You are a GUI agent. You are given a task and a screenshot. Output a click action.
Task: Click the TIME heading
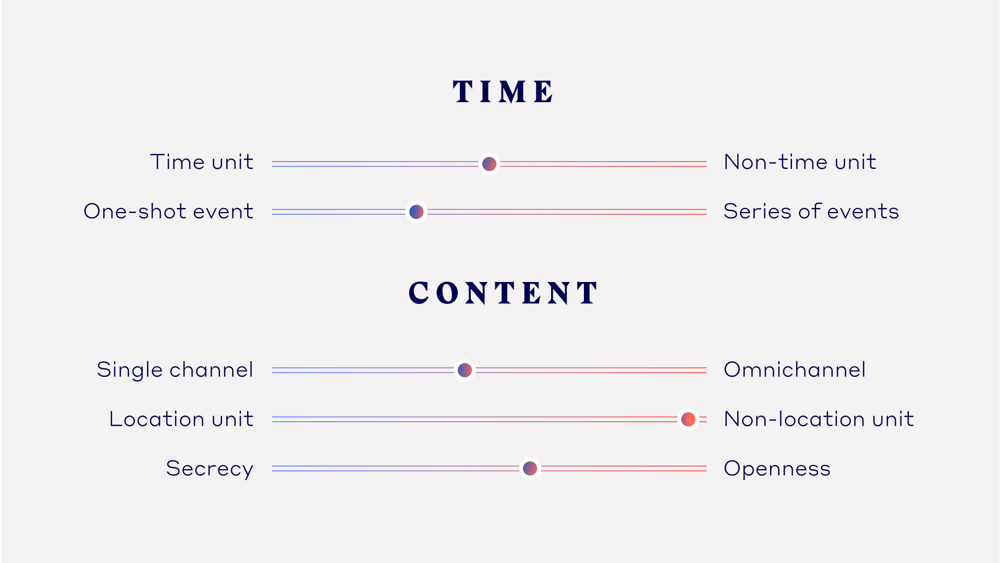[x=503, y=92]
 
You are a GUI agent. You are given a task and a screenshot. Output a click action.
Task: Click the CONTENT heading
[x=503, y=292]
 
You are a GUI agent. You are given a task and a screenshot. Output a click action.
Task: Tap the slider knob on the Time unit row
[x=489, y=164]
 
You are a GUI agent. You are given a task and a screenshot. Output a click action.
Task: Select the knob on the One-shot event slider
[x=417, y=212]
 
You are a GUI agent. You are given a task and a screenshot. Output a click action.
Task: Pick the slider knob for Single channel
[x=465, y=370]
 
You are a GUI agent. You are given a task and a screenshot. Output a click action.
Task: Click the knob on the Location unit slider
[x=688, y=419]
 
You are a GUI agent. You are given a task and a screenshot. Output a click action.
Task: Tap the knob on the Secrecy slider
[x=530, y=468]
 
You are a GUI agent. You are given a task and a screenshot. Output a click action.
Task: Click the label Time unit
[x=202, y=162]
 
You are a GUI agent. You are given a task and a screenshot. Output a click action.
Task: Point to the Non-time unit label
[x=800, y=162]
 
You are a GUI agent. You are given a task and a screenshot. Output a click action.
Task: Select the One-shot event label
[x=168, y=211]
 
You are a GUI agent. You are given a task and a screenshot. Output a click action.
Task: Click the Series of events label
[x=811, y=211]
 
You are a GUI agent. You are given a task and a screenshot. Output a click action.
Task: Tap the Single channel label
[x=175, y=370]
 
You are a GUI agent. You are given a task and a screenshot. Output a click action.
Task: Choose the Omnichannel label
[x=795, y=370]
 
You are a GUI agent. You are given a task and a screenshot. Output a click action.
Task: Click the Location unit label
[x=181, y=419]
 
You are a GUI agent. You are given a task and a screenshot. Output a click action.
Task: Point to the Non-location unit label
[x=819, y=419]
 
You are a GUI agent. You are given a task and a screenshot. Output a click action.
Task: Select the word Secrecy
[x=210, y=469]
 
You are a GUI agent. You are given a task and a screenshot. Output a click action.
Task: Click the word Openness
[x=777, y=469]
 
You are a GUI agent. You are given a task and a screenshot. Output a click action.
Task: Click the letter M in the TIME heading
[x=513, y=92]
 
